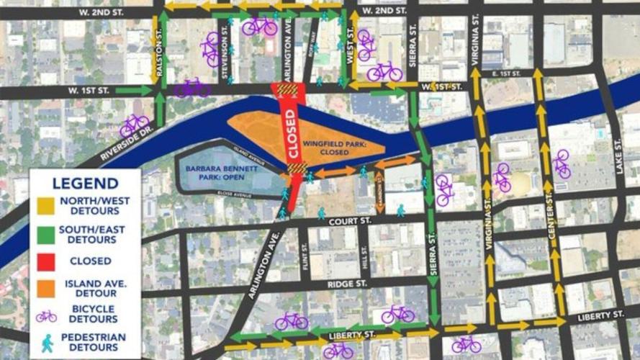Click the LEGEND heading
(x=85, y=183)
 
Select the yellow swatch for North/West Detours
(x=45, y=206)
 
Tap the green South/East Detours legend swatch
(x=45, y=233)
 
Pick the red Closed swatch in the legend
(x=45, y=261)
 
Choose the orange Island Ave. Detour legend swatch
(x=45, y=289)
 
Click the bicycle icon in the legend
(x=46, y=316)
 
